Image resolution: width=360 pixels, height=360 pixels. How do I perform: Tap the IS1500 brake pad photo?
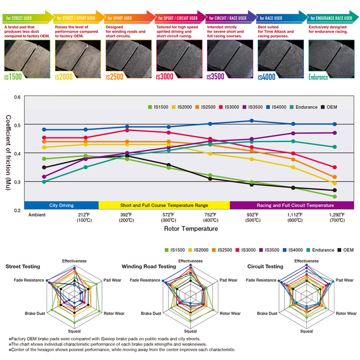click(x=25, y=56)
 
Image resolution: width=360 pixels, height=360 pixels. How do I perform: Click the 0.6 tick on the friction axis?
click(x=17, y=97)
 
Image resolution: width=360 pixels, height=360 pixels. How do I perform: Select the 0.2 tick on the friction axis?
click(x=17, y=210)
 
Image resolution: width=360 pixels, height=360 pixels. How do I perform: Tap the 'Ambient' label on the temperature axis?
click(x=37, y=214)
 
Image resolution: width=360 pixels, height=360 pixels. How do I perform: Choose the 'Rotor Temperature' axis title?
click(x=191, y=228)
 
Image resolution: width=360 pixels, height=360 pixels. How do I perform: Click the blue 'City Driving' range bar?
click(x=61, y=205)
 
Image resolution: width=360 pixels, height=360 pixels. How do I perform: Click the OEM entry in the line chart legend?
click(x=329, y=107)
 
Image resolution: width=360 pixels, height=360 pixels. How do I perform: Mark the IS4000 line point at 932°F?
click(x=251, y=120)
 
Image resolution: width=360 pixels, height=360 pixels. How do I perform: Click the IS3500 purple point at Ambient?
click(x=44, y=176)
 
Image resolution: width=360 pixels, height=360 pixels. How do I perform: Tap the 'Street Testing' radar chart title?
click(x=23, y=266)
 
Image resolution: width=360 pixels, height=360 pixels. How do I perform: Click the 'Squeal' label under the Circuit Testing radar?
click(x=306, y=331)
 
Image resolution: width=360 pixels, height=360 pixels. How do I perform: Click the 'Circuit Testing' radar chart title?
click(x=266, y=266)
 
